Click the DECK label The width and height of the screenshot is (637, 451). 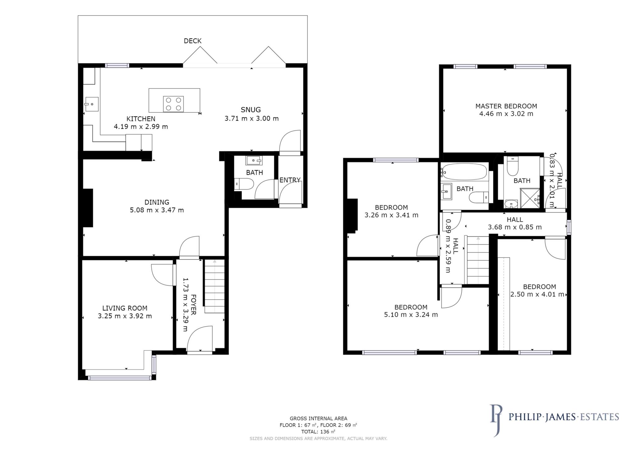[x=193, y=41]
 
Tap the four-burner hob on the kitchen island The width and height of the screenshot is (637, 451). [x=173, y=104]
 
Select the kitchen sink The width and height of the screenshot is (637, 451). [x=92, y=104]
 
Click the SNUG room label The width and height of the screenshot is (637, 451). [x=251, y=110]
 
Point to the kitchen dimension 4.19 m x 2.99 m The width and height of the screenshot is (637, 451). [x=141, y=127]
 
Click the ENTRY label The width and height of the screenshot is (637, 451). [x=290, y=180]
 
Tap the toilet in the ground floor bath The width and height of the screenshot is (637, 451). [x=244, y=184]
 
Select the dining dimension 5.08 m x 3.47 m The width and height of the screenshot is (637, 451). [x=157, y=210]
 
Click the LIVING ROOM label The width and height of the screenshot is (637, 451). [x=125, y=308]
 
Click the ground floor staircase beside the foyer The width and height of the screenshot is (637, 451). [x=214, y=287]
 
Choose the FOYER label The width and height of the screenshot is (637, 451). [x=193, y=305]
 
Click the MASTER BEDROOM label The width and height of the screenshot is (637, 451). [x=506, y=106]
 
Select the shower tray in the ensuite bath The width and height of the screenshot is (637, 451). [x=530, y=199]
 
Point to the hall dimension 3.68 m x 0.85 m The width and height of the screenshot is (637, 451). [x=515, y=227]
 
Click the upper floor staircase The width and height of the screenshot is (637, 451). [x=478, y=260]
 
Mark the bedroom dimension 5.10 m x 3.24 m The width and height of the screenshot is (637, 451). [x=411, y=315]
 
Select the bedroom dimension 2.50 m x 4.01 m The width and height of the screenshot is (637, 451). [x=537, y=294]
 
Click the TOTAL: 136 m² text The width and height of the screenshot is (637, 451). [x=318, y=432]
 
